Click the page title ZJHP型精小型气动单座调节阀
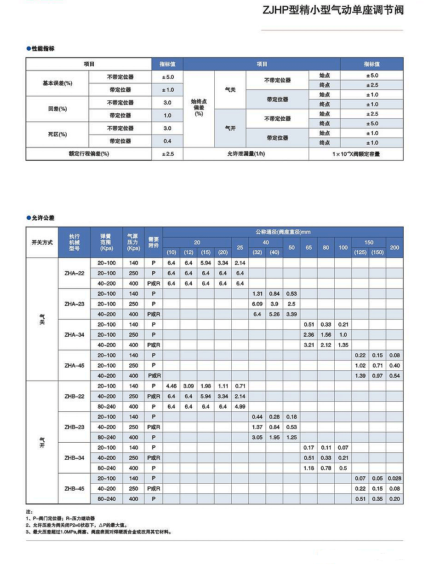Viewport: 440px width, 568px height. click(332, 10)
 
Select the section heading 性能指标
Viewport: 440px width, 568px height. click(43, 48)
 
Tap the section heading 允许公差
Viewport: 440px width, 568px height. click(43, 218)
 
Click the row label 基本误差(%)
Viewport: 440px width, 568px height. click(57, 83)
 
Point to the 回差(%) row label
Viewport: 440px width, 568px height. click(57, 109)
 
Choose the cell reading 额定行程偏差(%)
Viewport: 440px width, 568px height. click(89, 154)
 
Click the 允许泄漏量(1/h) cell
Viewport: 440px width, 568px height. click(246, 154)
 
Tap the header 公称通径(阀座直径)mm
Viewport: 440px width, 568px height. click(283, 232)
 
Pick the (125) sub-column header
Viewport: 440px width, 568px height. click(360, 252)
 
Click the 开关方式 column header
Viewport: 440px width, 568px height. click(42, 242)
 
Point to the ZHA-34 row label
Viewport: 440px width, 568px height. click(74, 335)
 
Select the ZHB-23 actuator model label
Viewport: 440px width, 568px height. click(74, 427)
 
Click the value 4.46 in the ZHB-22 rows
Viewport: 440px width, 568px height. click(171, 386)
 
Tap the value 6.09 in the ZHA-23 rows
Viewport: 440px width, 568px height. click(257, 304)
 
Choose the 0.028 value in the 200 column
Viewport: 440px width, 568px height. click(394, 478)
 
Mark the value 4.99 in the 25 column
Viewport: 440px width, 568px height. click(240, 407)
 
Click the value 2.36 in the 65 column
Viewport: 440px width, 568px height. click(309, 335)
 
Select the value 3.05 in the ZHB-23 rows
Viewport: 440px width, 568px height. click(257, 437)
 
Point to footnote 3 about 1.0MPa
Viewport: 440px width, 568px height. click(99, 532)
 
